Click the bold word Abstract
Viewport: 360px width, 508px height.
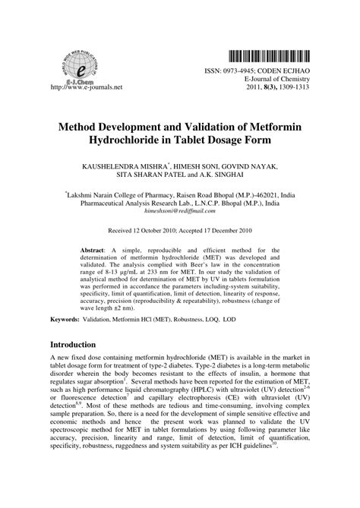point(95,249)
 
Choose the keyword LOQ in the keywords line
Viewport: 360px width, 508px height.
point(229,320)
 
